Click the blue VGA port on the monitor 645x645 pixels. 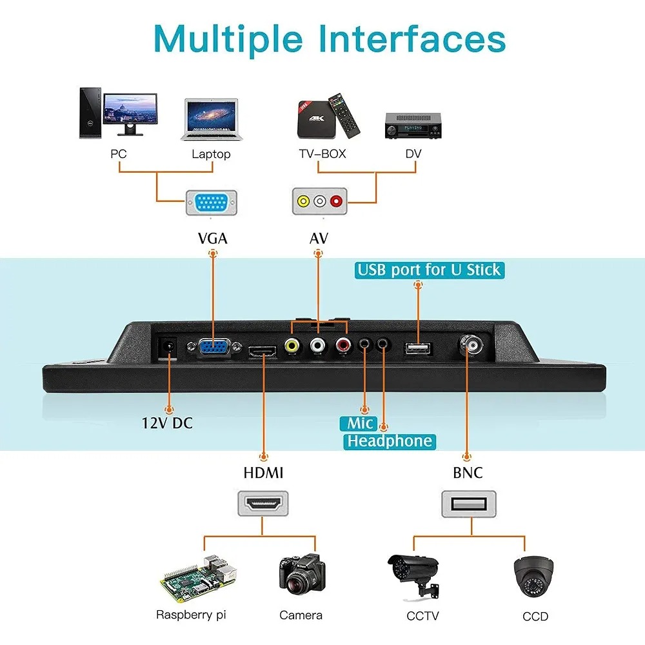(x=212, y=348)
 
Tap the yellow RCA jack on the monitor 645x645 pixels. (x=293, y=346)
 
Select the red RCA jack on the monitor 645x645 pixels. (x=341, y=346)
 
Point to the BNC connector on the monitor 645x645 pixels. (x=472, y=346)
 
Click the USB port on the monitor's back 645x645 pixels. (x=419, y=349)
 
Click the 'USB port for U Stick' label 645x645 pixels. (x=430, y=270)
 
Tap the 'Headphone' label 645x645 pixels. (x=389, y=441)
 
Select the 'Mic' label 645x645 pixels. (x=360, y=423)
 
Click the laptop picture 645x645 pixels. (x=210, y=119)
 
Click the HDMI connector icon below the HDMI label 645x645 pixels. (x=263, y=503)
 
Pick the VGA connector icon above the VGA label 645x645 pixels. (x=212, y=203)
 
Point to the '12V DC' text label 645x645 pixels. (x=167, y=424)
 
